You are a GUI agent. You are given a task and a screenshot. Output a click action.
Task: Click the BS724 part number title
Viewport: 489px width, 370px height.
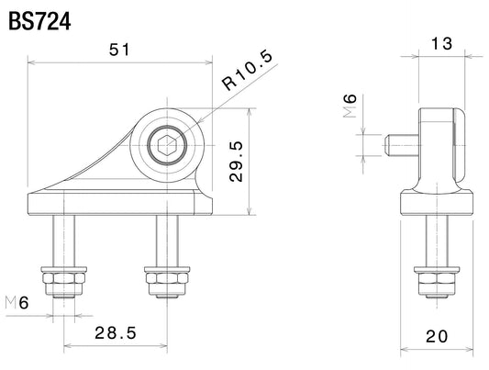coord(39,21)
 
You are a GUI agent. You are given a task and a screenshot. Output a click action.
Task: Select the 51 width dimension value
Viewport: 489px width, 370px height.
coord(119,50)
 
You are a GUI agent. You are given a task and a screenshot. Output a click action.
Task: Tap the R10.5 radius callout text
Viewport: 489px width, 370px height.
coord(248,71)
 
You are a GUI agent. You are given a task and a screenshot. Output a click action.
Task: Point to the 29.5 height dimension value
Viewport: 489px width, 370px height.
coord(236,162)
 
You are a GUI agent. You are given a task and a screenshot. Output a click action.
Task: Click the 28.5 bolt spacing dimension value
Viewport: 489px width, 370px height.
coord(116,333)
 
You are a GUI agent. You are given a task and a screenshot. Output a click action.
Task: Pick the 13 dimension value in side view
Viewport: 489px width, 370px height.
coord(441,44)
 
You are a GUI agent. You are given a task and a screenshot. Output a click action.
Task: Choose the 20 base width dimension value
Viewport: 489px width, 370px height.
coord(437,336)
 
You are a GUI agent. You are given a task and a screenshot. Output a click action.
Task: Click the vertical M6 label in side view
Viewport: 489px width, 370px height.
coord(350,106)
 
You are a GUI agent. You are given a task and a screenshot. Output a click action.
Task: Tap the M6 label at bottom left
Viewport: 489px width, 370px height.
coord(17,303)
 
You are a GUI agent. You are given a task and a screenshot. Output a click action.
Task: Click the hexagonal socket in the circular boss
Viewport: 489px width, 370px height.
coord(167,145)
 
